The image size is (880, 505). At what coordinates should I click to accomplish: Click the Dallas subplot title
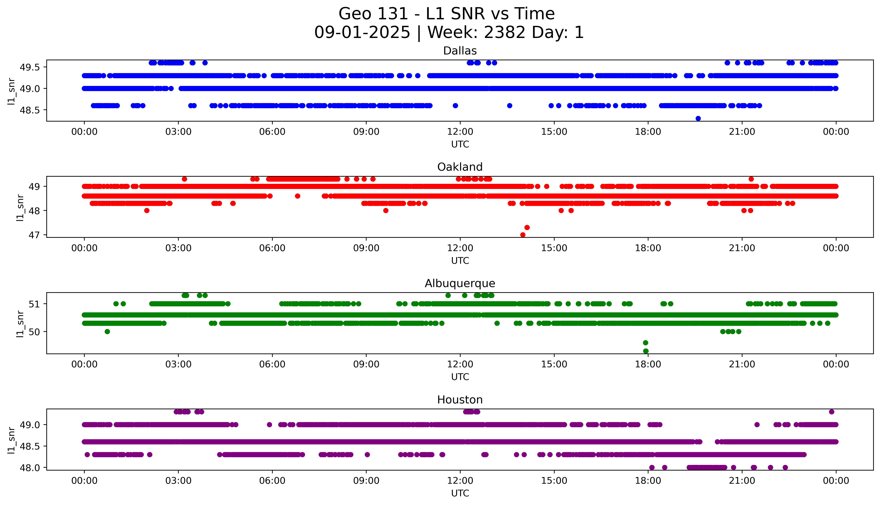tap(460, 51)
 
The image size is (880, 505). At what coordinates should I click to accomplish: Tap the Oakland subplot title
tap(460, 167)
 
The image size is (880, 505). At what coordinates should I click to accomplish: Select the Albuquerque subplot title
tap(460, 283)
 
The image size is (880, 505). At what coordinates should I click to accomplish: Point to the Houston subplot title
tap(460, 400)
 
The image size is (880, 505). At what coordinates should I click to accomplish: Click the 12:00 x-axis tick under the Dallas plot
tap(460, 132)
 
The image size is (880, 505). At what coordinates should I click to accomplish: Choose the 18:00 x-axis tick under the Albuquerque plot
tap(648, 364)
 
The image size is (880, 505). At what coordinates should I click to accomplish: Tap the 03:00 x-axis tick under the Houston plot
tap(178, 481)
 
